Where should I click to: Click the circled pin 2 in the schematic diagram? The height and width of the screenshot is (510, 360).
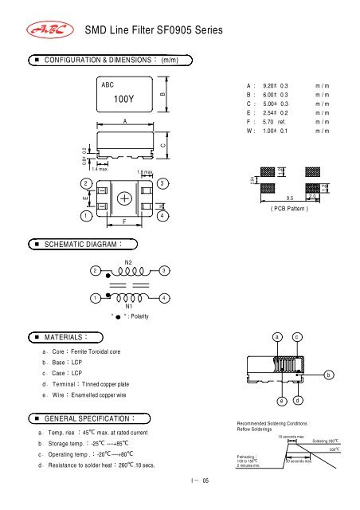tap(96, 271)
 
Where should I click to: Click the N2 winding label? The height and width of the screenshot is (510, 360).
tap(128, 260)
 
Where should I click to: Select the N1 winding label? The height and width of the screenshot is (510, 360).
tap(128, 305)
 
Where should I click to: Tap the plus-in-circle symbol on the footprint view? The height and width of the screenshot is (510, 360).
tap(125, 198)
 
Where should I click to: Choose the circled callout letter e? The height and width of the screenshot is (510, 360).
tap(276, 399)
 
